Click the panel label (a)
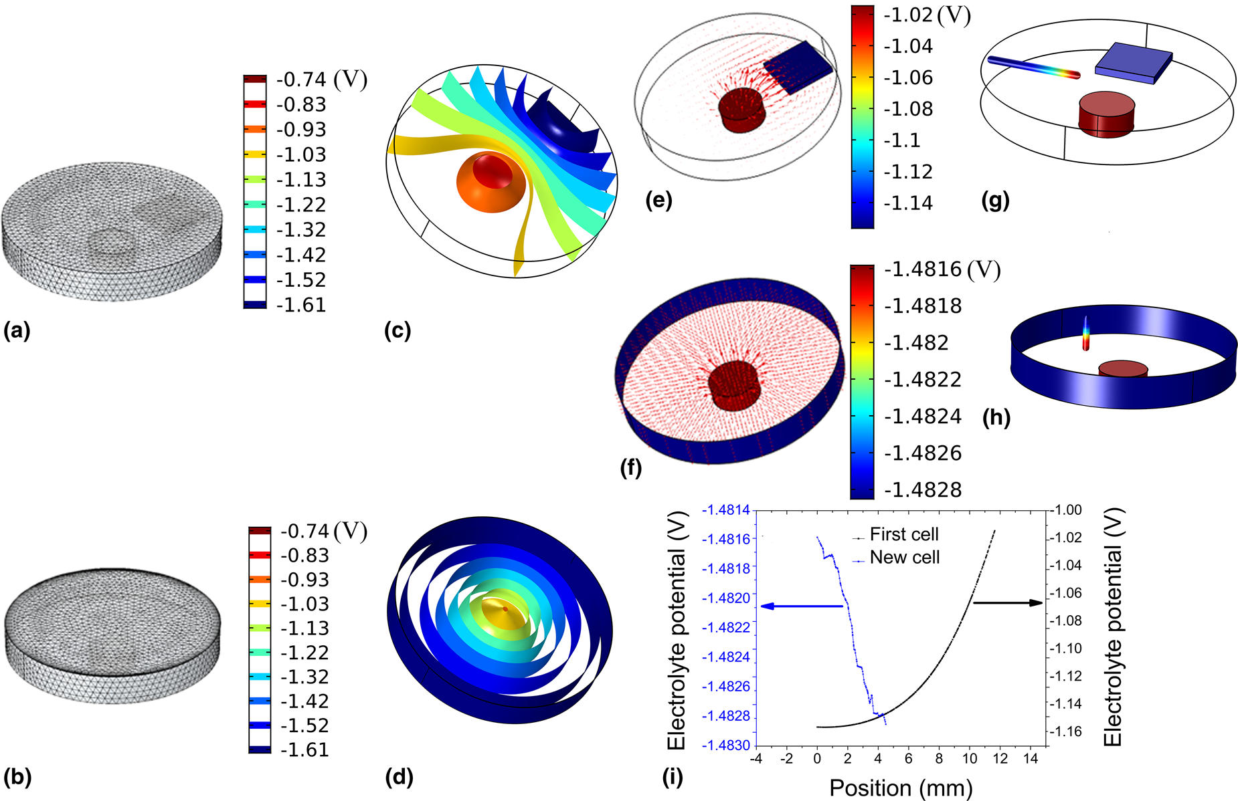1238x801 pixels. [x=17, y=330]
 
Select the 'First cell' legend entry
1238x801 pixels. [x=903, y=535]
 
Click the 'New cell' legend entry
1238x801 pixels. [x=904, y=558]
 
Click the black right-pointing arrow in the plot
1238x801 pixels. [x=1008, y=603]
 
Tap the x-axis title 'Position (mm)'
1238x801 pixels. [x=900, y=788]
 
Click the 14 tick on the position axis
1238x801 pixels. [x=1031, y=759]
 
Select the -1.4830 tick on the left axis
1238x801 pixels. [x=726, y=746]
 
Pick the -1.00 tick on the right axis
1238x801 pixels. [x=1069, y=510]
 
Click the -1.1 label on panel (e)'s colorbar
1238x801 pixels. [x=902, y=141]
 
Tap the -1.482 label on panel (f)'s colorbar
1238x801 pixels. [x=915, y=343]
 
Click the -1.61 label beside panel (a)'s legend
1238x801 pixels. [x=301, y=306]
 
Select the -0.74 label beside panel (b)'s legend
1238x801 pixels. [x=305, y=532]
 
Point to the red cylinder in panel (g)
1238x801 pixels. [x=1106, y=114]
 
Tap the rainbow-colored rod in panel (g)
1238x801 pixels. [x=1034, y=67]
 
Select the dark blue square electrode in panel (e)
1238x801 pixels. [x=798, y=67]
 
